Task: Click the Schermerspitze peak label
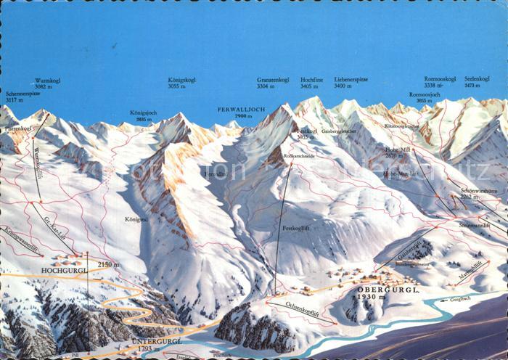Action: tap(23, 94)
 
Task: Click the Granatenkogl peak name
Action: tap(273, 80)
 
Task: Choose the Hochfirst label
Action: tap(311, 80)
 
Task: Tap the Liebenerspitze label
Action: tap(351, 80)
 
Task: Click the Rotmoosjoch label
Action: tap(424, 94)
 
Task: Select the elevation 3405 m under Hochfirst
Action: tap(311, 86)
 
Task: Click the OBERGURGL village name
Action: tap(378, 289)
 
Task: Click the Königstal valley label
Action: tap(136, 218)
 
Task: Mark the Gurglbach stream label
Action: tap(460, 298)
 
